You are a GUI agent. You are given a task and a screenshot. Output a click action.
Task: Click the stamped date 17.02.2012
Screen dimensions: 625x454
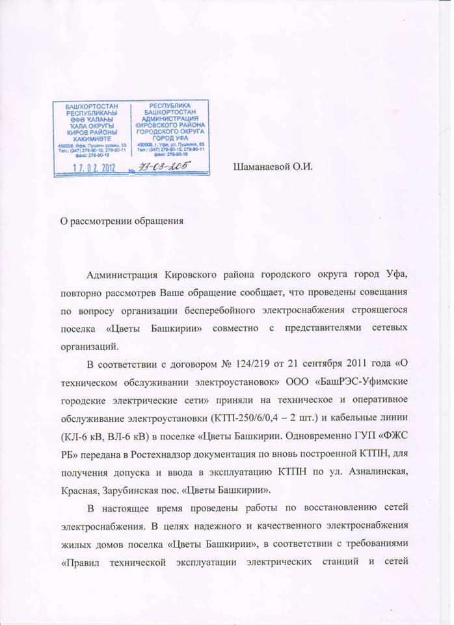tap(90, 167)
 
